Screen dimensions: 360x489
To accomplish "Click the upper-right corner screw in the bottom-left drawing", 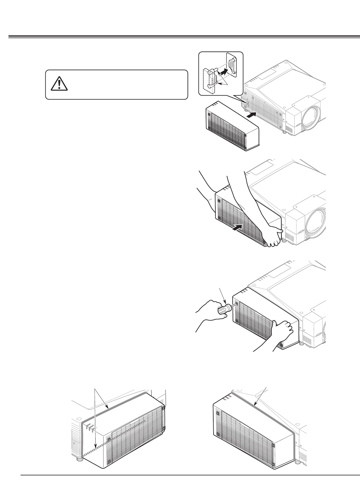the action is point(163,408).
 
